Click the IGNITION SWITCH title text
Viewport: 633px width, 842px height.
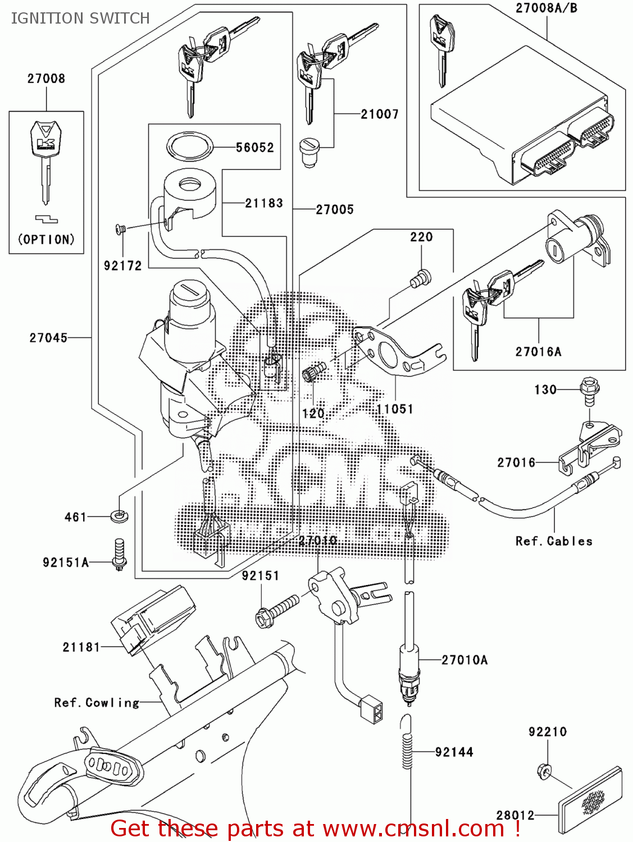point(80,19)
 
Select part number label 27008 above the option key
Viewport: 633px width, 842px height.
point(46,79)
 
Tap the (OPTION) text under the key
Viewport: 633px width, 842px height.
point(46,240)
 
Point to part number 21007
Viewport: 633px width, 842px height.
point(380,115)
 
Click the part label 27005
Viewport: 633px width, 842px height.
point(335,210)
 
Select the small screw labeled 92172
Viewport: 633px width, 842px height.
point(120,228)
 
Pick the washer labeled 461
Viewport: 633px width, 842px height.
point(119,515)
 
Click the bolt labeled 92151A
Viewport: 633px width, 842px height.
point(119,555)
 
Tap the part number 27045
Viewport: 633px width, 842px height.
point(48,338)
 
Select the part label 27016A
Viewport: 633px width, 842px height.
point(538,352)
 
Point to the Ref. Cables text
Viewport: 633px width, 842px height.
point(554,541)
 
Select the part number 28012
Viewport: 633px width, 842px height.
point(515,815)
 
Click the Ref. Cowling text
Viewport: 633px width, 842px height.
point(97,703)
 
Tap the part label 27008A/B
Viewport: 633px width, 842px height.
point(546,8)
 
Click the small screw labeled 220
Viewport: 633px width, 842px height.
point(421,278)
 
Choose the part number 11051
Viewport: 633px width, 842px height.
point(395,409)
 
